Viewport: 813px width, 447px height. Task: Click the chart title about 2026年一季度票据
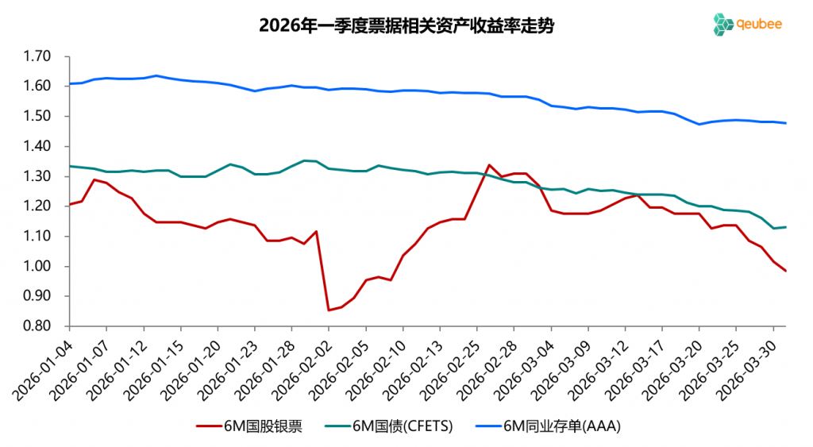click(406, 25)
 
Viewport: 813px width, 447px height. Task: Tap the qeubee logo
click(747, 24)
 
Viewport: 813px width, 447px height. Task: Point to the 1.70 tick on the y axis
click(38, 56)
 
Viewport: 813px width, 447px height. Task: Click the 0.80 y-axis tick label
click(38, 326)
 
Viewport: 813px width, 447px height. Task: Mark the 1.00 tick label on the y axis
click(38, 266)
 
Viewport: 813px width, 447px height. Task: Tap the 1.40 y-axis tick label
click(38, 146)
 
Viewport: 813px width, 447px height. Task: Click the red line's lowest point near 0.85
click(329, 310)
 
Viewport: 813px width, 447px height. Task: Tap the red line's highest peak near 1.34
click(489, 165)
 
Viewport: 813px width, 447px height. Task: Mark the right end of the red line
click(785, 271)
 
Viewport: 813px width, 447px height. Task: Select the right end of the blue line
click(785, 123)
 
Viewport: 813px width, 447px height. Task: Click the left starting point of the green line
click(70, 166)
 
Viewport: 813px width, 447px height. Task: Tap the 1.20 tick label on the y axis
click(38, 206)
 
